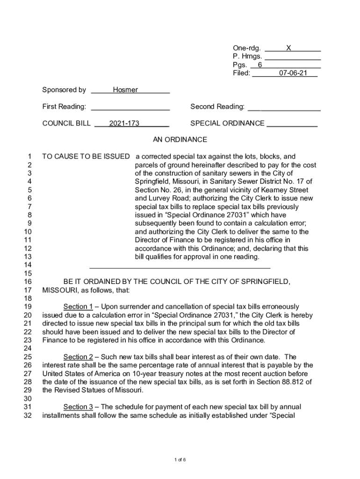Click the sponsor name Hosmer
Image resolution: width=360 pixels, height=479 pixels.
click(x=125, y=90)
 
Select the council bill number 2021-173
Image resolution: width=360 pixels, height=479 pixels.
click(x=124, y=123)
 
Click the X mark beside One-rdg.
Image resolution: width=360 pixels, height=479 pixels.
click(x=289, y=48)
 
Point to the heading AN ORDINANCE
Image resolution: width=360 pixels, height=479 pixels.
click(x=180, y=140)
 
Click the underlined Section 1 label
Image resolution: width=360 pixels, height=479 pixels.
click(x=78, y=307)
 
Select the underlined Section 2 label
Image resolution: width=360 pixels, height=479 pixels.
click(x=78, y=357)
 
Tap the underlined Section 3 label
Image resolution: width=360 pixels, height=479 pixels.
click(x=78, y=407)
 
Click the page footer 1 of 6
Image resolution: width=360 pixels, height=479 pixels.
click(x=180, y=460)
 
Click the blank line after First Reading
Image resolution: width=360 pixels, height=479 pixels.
click(x=130, y=108)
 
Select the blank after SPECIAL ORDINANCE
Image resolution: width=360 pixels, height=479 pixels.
click(x=292, y=124)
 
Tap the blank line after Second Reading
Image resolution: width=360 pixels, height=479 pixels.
click(x=284, y=108)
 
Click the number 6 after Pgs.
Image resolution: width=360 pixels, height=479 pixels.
click(x=260, y=65)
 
